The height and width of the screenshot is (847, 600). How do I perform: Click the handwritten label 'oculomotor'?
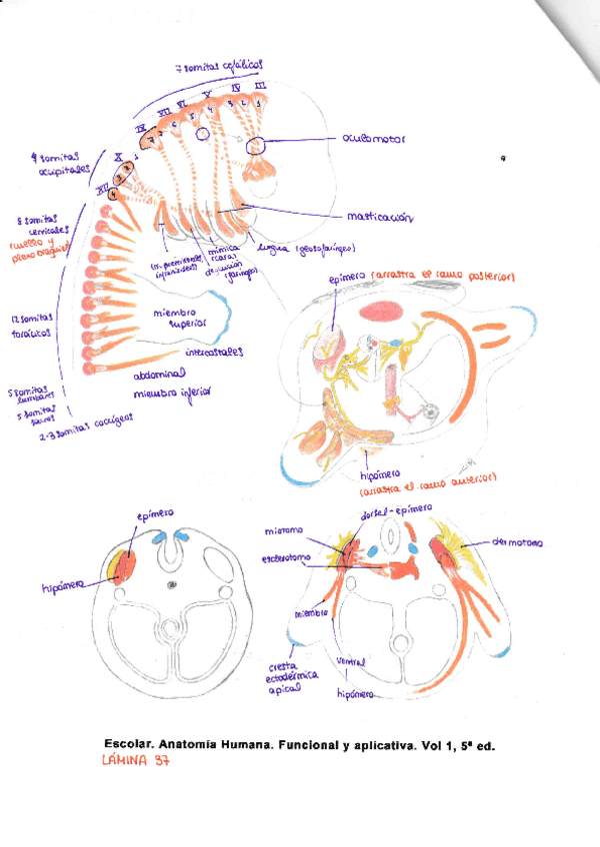[x=373, y=140]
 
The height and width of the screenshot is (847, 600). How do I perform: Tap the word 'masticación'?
[x=381, y=217]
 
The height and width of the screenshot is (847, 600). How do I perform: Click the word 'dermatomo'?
[x=516, y=543]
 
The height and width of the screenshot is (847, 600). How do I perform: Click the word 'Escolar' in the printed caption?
[x=129, y=744]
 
